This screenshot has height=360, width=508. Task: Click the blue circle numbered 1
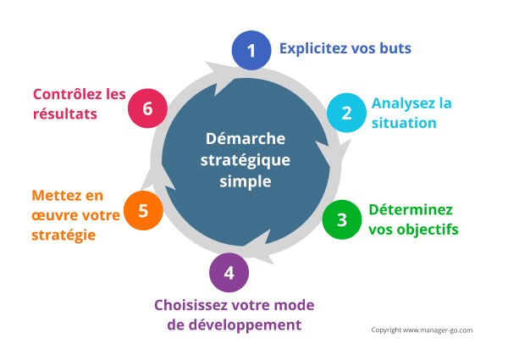click(x=251, y=52)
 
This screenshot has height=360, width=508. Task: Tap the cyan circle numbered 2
click(x=346, y=113)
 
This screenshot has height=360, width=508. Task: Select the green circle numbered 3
click(x=342, y=219)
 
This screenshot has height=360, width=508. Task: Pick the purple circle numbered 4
click(x=229, y=273)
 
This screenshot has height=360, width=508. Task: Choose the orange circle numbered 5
click(x=143, y=211)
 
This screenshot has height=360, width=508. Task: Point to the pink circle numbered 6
click(x=148, y=108)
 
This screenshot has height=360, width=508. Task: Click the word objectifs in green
click(x=425, y=229)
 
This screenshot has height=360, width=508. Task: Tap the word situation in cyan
click(x=404, y=123)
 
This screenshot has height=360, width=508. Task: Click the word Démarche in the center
click(x=246, y=139)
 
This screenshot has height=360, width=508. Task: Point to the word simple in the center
click(x=246, y=181)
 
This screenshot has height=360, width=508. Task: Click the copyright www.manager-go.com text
click(x=422, y=330)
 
